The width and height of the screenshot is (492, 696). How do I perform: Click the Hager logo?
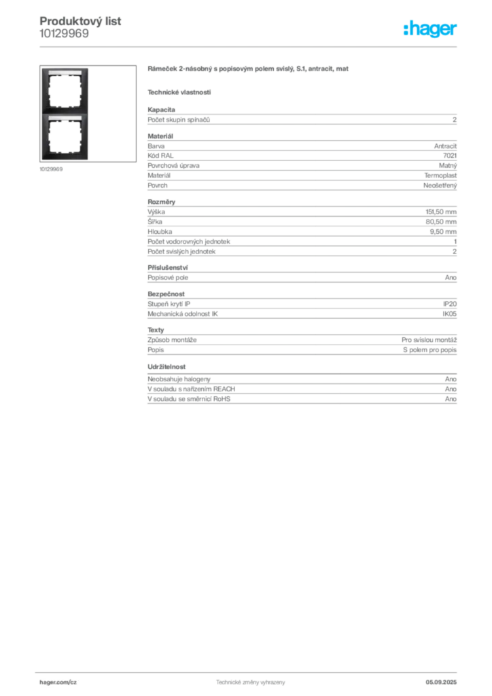pyautogui.click(x=430, y=29)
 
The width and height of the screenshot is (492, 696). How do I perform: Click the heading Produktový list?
pyautogui.click(x=80, y=21)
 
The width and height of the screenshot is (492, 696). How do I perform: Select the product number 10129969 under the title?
pyautogui.click(x=65, y=34)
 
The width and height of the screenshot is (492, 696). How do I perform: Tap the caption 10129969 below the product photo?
pyautogui.click(x=51, y=169)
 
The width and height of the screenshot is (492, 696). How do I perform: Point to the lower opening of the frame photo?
pyautogui.click(x=65, y=137)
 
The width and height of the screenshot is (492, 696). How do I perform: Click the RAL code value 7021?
pyautogui.click(x=450, y=156)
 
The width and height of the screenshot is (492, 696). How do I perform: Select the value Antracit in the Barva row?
pyautogui.click(x=445, y=145)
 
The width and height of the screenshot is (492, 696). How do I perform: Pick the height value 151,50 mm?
pyautogui.click(x=441, y=212)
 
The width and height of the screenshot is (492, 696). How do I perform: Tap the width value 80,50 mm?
pyautogui.click(x=441, y=222)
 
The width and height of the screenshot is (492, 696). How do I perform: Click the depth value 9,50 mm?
pyautogui.click(x=443, y=231)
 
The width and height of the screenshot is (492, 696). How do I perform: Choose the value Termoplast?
pyautogui.click(x=440, y=175)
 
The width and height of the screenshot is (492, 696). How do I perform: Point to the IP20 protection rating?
pyautogui.click(x=450, y=304)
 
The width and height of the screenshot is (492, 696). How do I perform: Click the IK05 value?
pyautogui.click(x=449, y=313)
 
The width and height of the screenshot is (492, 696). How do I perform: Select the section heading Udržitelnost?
pyautogui.click(x=166, y=366)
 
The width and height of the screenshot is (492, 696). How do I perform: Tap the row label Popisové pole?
pyautogui.click(x=168, y=277)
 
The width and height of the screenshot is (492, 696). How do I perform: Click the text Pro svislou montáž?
pyautogui.click(x=429, y=340)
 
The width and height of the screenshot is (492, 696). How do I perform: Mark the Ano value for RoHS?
pyautogui.click(x=451, y=398)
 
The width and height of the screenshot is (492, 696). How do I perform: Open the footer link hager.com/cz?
pyautogui.click(x=58, y=682)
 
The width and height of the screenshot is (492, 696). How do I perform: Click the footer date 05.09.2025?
pyautogui.click(x=441, y=682)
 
